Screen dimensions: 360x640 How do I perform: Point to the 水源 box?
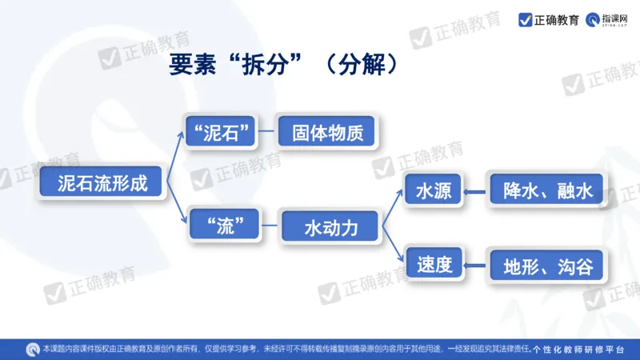point(434,191)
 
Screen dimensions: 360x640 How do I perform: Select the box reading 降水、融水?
point(547,191)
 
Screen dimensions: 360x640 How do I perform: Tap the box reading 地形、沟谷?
point(547,266)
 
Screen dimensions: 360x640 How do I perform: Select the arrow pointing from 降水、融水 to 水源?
point(476,192)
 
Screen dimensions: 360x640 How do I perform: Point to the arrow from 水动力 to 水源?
point(391,207)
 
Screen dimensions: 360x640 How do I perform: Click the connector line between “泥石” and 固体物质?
point(267,132)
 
